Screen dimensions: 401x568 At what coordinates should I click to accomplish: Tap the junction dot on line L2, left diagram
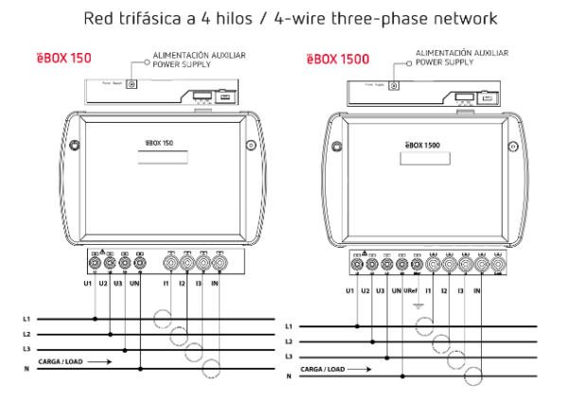tap(111, 334)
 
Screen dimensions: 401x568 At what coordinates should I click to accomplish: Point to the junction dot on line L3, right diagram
tap(389, 357)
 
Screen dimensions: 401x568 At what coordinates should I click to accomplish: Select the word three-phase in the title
tap(407, 18)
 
